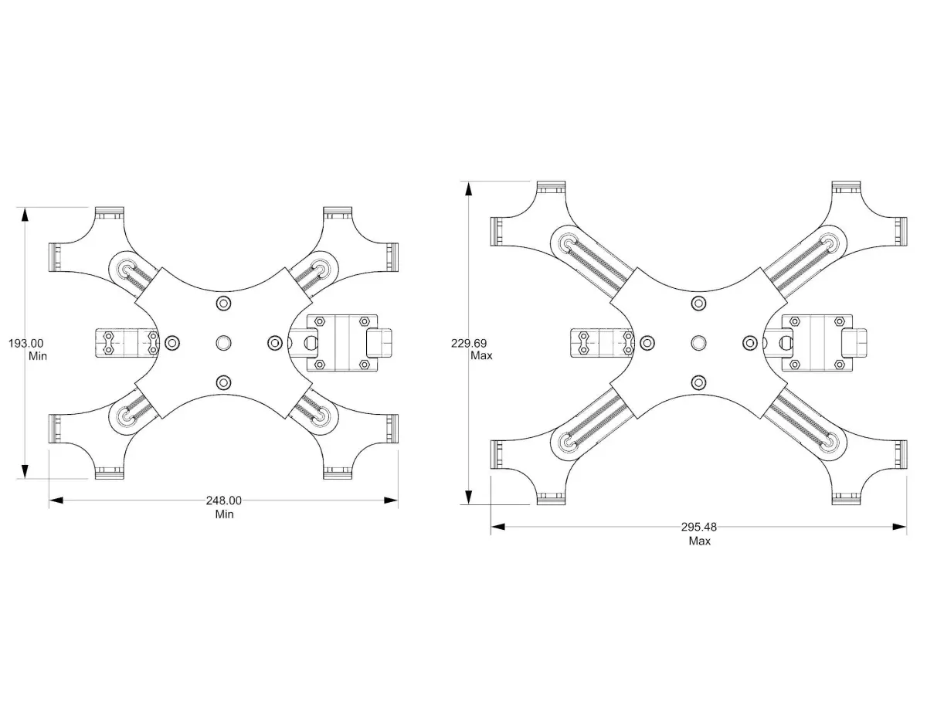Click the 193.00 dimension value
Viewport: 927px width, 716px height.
click(x=26, y=343)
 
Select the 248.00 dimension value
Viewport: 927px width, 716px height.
click(x=223, y=501)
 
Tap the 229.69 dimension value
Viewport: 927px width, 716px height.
click(x=469, y=343)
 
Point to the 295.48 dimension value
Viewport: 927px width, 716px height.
click(x=699, y=527)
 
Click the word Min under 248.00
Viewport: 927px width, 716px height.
click(x=224, y=514)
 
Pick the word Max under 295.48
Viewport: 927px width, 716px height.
click(x=700, y=541)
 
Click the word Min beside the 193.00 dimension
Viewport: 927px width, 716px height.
click(x=38, y=356)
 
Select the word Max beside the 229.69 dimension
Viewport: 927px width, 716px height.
click(x=481, y=355)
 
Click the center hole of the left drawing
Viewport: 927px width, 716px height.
click(x=223, y=343)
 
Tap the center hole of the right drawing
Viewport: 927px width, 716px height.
click(x=698, y=343)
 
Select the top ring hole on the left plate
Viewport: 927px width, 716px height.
click(x=223, y=304)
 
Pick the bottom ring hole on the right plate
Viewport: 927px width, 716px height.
click(x=698, y=382)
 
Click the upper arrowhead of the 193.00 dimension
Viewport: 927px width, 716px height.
click(x=25, y=215)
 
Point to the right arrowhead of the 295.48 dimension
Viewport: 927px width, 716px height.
click(x=899, y=527)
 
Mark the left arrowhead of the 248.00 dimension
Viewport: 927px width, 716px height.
click(x=56, y=501)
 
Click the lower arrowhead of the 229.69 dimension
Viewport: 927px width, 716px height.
click(x=468, y=497)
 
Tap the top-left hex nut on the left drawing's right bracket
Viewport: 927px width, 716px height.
click(x=320, y=321)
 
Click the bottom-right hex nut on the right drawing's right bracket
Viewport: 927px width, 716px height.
click(x=839, y=365)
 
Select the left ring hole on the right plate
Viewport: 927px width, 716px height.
click(x=647, y=343)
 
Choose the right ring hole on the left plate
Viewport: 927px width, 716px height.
click(x=275, y=343)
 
